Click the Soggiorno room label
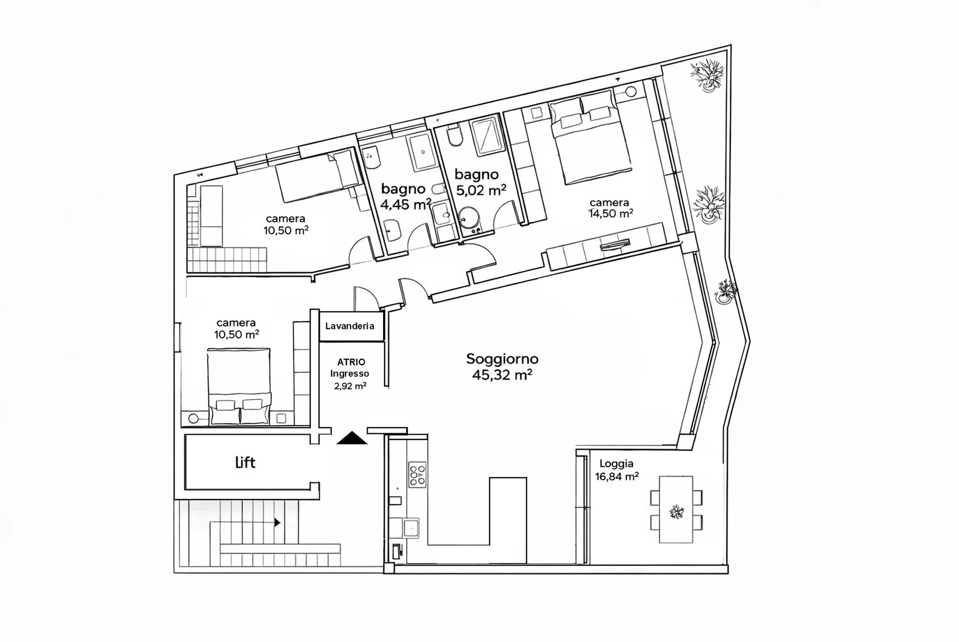click(502, 359)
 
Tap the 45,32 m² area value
click(502, 375)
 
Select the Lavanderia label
click(350, 326)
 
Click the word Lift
click(245, 462)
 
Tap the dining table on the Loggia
click(676, 509)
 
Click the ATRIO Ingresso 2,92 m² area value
click(350, 386)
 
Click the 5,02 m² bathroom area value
click(481, 190)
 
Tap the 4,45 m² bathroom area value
click(406, 204)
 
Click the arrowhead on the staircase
click(277, 523)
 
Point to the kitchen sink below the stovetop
click(411, 528)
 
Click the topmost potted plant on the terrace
click(708, 75)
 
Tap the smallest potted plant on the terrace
click(726, 291)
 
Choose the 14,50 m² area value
click(611, 213)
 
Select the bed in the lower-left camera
click(239, 387)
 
